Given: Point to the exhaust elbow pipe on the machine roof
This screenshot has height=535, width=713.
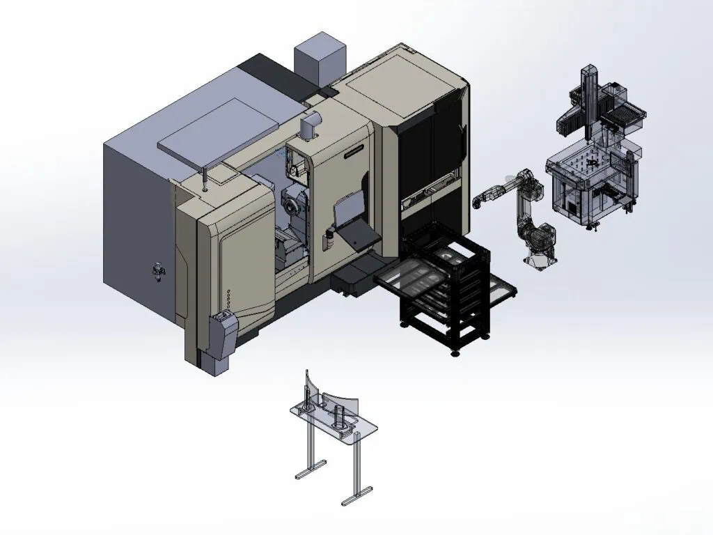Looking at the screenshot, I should pyautogui.click(x=307, y=127).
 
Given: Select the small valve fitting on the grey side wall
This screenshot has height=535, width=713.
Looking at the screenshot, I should pyautogui.click(x=158, y=270).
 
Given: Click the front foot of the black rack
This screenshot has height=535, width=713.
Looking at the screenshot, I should pyautogui.click(x=456, y=351).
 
